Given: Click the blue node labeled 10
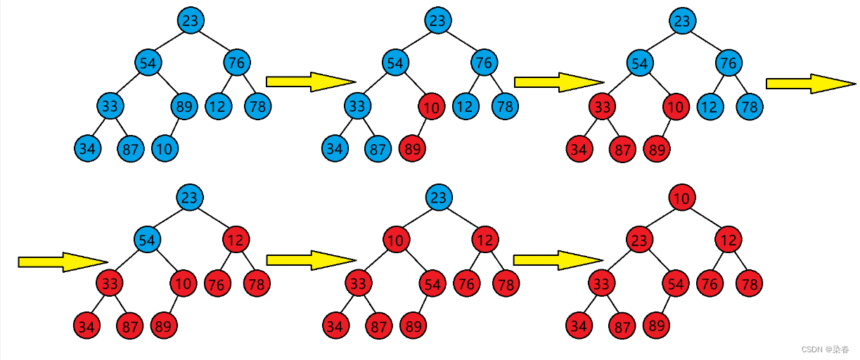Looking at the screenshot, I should (164, 148).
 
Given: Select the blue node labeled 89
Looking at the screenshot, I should (184, 107).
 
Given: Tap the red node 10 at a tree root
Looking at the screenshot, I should (681, 198).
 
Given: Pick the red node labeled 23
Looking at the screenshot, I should (638, 241).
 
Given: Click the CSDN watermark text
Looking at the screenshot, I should (825, 349).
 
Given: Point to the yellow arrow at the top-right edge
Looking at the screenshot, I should (810, 84).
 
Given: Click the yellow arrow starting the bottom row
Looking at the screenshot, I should (63, 262).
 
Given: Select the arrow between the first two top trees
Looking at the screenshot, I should (311, 82).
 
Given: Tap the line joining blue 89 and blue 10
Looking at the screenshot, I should (174, 128).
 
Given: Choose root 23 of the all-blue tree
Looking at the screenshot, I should (190, 20).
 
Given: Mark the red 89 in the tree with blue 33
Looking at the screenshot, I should (412, 148).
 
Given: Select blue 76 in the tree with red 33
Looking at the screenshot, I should (729, 63).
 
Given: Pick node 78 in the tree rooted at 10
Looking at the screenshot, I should (750, 283).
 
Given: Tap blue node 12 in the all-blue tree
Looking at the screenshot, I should (219, 107).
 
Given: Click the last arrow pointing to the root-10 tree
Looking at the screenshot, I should (558, 259).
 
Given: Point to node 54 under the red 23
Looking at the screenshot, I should (676, 283).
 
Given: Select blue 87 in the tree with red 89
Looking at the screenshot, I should (378, 148).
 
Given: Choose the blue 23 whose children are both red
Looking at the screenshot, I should (437, 198).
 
